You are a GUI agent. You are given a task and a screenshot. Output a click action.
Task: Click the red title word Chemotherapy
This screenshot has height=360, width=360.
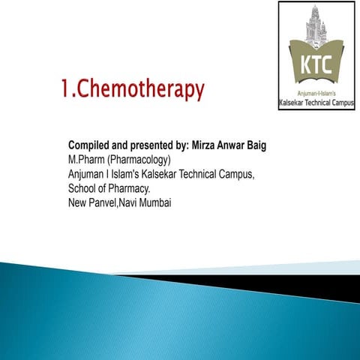coord(142,91)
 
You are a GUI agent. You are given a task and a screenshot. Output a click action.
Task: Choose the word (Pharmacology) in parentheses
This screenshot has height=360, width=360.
coord(140,160)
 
